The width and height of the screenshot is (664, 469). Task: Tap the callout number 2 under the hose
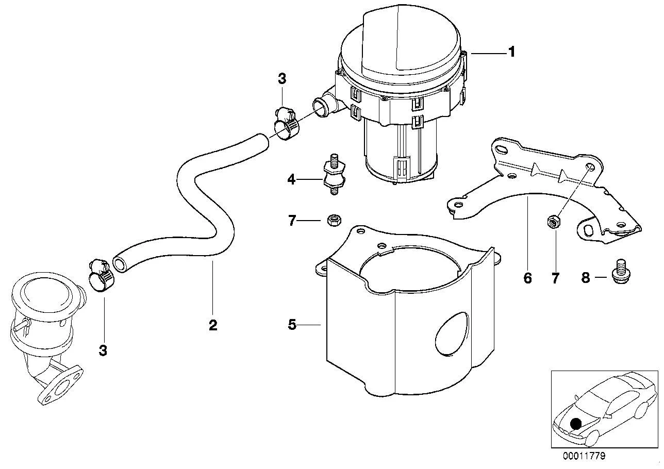click(213, 325)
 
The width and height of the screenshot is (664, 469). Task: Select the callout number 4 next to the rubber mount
click(291, 179)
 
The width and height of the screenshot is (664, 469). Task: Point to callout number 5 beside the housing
click(292, 325)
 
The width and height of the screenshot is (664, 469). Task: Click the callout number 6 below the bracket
click(528, 278)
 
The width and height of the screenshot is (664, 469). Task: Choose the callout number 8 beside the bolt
click(586, 278)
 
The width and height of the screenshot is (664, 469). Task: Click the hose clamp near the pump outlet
click(285, 124)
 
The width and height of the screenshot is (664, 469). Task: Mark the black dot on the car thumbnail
click(576, 424)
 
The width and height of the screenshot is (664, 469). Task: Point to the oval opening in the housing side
click(453, 333)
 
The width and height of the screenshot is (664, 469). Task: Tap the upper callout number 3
click(282, 79)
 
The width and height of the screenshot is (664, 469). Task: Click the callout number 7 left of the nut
click(292, 221)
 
